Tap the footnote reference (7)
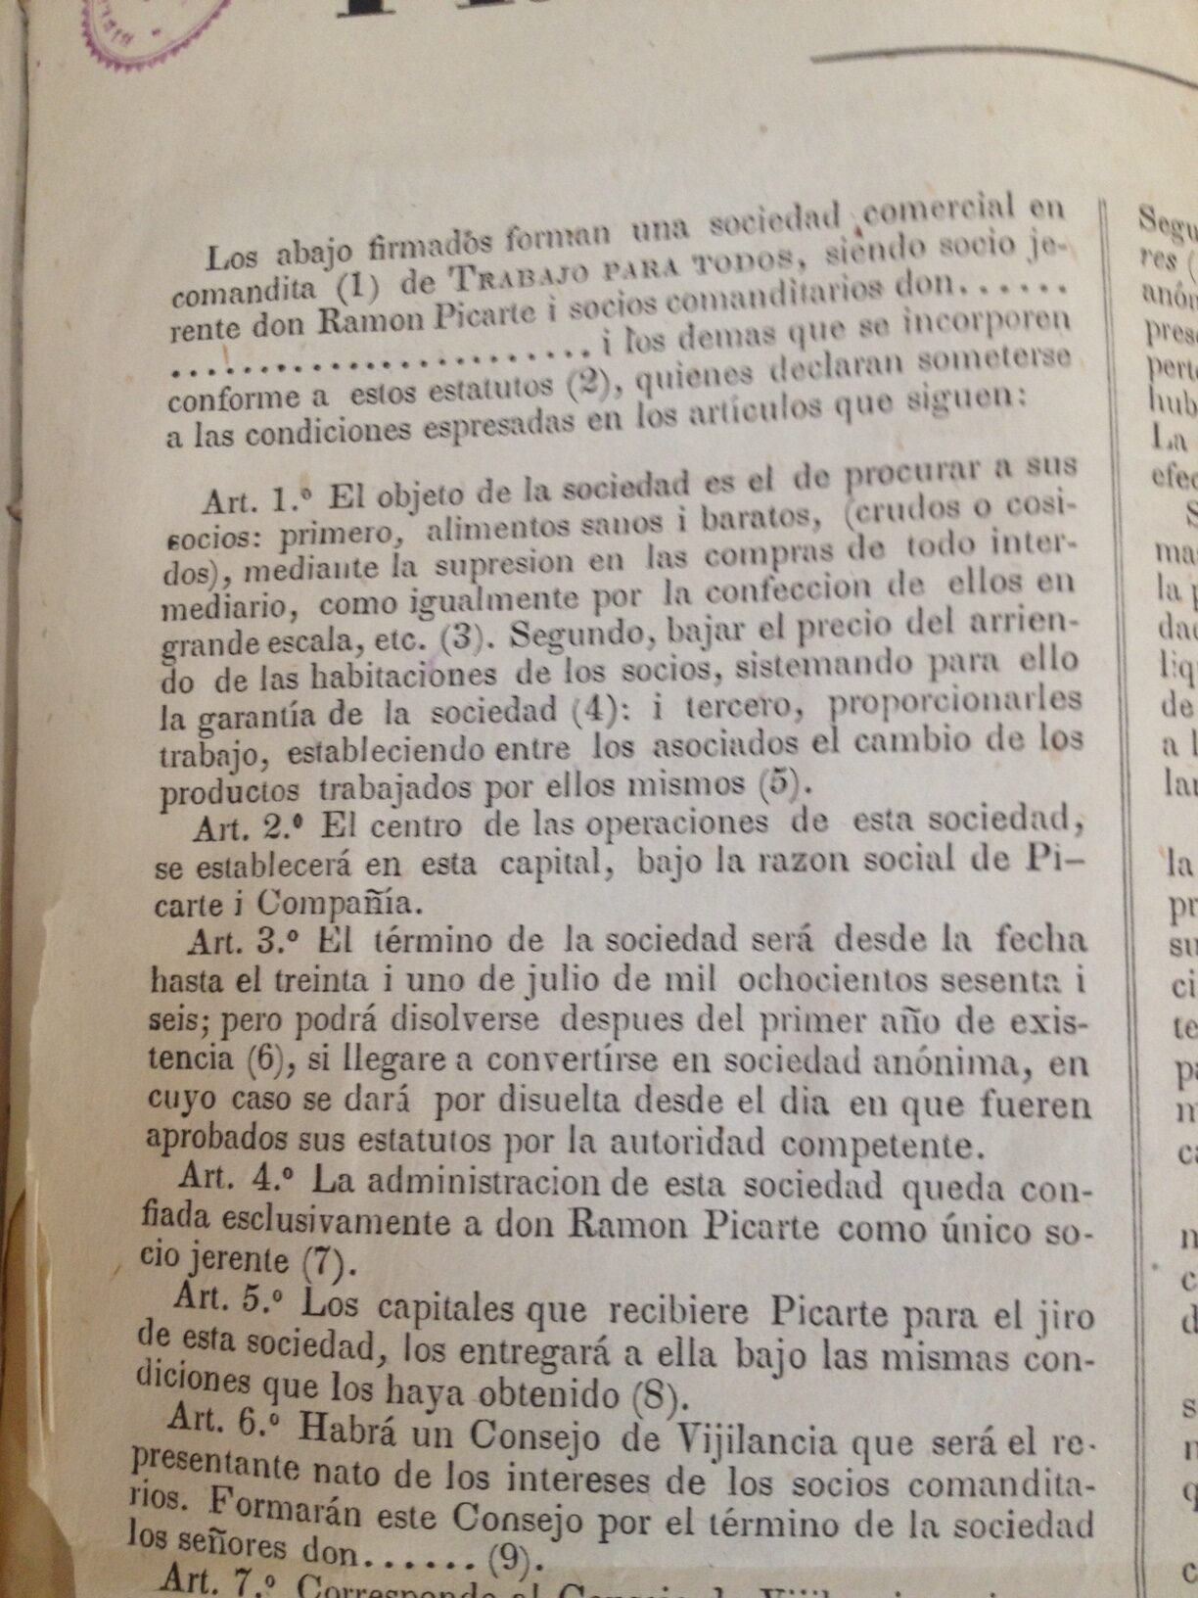[x=326, y=1261]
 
